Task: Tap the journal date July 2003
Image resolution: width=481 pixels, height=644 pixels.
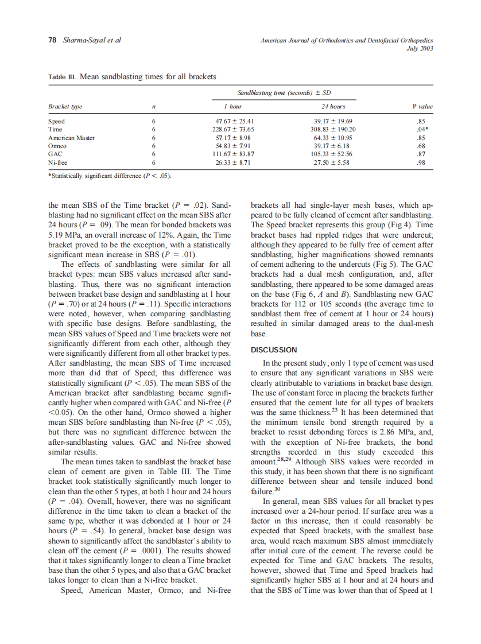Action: coord(419,48)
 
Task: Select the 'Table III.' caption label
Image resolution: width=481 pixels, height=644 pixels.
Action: coord(61,76)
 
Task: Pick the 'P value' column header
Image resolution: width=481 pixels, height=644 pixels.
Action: coord(422,107)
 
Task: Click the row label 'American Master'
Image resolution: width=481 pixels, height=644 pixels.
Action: coord(71,138)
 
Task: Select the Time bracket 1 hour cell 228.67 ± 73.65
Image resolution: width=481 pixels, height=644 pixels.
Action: coord(234,130)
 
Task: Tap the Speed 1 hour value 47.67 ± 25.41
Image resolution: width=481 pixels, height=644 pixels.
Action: coord(234,122)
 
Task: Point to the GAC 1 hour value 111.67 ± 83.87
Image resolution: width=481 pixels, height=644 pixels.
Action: coord(234,154)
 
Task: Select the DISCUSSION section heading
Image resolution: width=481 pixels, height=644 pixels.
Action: coord(274,350)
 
